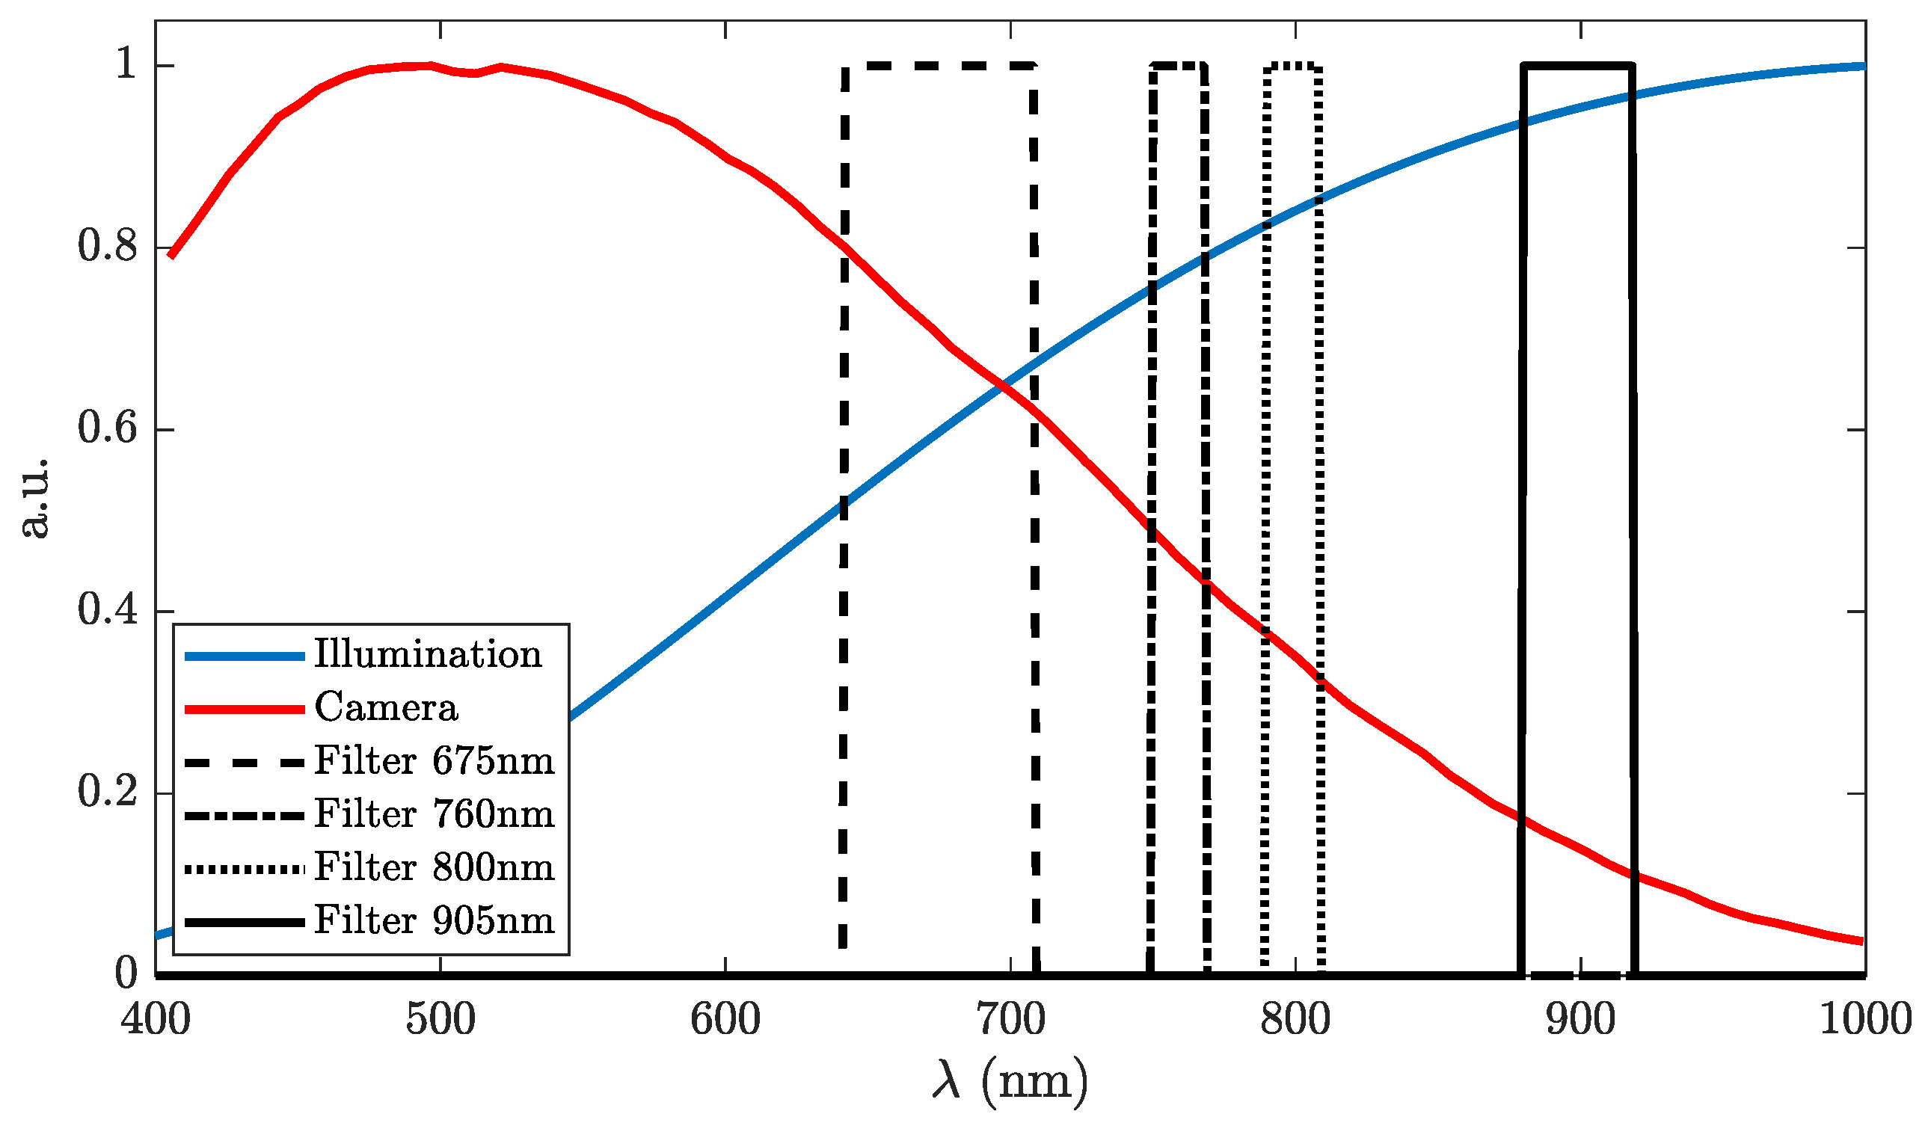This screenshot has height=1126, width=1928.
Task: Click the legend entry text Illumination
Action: [x=428, y=655]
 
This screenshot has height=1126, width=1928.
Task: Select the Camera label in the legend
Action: [x=386, y=707]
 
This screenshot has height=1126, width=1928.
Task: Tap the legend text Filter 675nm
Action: [x=434, y=761]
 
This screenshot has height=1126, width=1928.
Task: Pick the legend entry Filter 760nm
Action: [x=434, y=814]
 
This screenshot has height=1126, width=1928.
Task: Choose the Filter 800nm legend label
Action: [x=434, y=867]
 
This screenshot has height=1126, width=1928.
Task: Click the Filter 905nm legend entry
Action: [x=434, y=920]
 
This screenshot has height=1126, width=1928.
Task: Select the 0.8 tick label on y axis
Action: [x=107, y=247]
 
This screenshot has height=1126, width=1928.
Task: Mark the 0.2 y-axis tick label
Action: [x=107, y=792]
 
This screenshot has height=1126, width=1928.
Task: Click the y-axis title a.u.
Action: [x=34, y=499]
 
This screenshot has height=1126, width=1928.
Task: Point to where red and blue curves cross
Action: [x=999, y=389]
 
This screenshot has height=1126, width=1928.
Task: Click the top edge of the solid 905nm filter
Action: [x=1577, y=66]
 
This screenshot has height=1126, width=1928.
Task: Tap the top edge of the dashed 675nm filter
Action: [x=939, y=66]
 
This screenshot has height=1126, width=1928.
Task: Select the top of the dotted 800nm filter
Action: [x=1293, y=67]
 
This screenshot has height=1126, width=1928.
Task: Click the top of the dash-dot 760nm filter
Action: [x=1178, y=66]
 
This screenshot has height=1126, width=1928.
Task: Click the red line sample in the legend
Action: [x=245, y=709]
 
